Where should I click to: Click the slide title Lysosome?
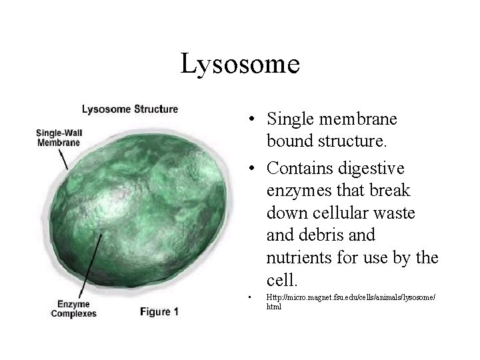[x=240, y=65]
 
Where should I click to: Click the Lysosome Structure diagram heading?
[x=129, y=109]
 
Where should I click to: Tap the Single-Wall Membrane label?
[x=58, y=137]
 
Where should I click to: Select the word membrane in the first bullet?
[x=359, y=120]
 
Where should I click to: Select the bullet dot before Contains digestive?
[x=248, y=167]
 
